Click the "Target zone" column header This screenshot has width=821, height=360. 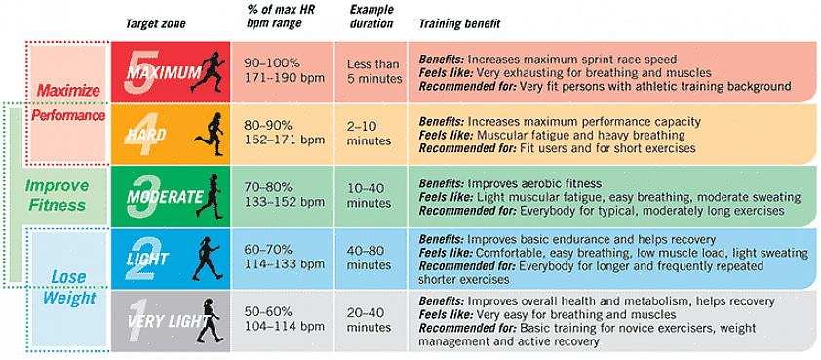(155, 24)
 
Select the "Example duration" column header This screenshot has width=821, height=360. (371, 17)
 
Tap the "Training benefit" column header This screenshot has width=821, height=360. (459, 24)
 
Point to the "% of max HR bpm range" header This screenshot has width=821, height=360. (274, 17)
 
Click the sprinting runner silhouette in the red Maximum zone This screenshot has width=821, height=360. (208, 72)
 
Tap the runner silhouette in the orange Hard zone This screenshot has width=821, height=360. (211, 135)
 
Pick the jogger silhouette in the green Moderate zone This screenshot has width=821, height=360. (210, 196)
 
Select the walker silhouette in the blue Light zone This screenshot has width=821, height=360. (207, 258)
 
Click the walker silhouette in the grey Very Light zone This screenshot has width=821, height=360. (209, 320)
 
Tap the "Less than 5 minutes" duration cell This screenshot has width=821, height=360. (373, 72)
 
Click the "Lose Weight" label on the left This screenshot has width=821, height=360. (69, 287)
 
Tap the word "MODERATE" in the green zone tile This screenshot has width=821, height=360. (165, 197)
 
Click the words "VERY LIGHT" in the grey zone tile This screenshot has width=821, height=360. (167, 321)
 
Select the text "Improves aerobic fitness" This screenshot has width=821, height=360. (534, 184)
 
